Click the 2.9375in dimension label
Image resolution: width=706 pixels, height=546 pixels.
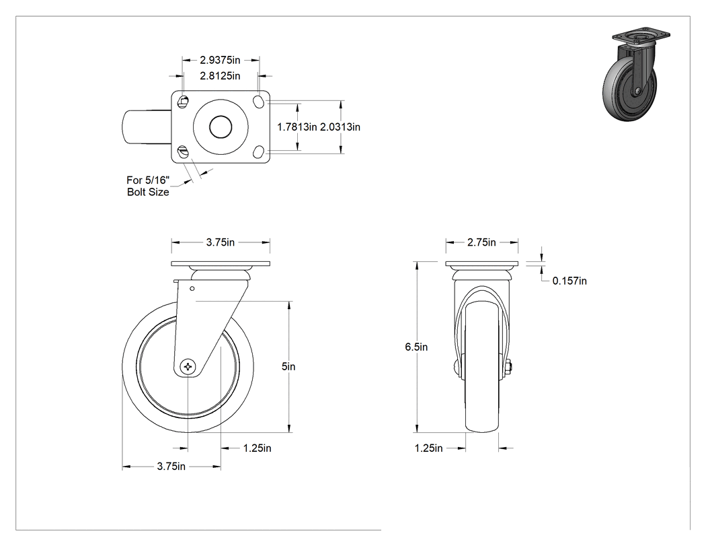220,60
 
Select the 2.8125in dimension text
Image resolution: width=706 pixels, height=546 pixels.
220,76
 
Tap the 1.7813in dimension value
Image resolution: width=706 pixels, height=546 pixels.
297,127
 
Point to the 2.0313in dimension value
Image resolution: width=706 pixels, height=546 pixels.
340,127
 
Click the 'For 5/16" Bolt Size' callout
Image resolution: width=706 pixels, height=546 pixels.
148,186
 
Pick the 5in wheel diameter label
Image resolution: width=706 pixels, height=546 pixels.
288,366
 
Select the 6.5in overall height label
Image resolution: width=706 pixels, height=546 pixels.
416,347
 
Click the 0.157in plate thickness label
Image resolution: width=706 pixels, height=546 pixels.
570,281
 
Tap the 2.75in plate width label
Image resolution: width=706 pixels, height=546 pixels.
481,242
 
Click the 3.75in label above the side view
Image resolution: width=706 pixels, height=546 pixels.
221,242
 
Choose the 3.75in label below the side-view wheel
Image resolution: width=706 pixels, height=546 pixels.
171,467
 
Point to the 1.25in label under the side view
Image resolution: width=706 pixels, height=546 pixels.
257,448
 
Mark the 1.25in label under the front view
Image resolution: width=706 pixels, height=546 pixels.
429,448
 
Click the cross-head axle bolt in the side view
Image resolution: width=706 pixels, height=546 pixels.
188,367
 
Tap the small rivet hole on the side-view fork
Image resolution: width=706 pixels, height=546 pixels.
192,289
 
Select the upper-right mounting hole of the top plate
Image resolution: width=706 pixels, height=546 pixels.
260,101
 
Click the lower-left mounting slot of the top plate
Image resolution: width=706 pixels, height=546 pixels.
182,151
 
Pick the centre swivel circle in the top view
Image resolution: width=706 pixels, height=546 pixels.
221,127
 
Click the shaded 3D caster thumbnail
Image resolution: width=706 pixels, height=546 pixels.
635,73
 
